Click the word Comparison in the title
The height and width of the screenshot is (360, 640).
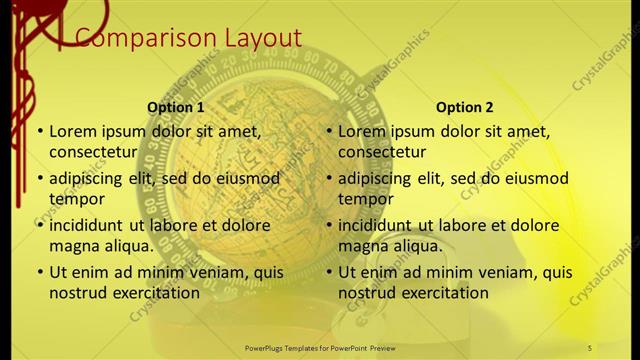point(136,38)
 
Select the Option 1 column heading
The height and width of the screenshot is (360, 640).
point(176,107)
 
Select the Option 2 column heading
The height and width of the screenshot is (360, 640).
point(464,107)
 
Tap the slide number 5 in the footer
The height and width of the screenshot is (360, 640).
point(590,347)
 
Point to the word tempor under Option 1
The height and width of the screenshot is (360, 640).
point(74,199)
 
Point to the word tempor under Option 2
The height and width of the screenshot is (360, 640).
point(363,199)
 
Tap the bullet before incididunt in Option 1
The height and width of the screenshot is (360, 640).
point(39,225)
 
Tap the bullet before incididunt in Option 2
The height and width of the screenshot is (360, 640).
point(328,225)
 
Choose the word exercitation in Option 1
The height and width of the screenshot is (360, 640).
point(155,293)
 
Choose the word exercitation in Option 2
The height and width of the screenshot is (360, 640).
point(444,293)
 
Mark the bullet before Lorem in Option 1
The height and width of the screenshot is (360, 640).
point(39,131)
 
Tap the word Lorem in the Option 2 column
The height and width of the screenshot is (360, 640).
point(362,131)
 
